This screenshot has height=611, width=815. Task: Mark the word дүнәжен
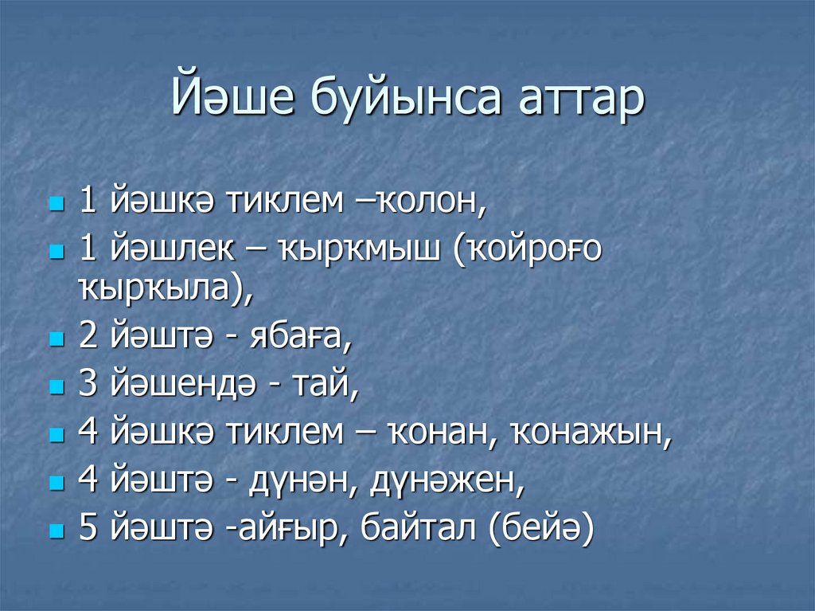pyautogui.click(x=443, y=483)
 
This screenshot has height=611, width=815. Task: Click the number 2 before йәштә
pyautogui.click(x=88, y=337)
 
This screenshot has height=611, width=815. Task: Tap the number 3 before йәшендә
pyautogui.click(x=88, y=386)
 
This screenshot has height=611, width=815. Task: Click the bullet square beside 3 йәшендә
pyautogui.click(x=55, y=388)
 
